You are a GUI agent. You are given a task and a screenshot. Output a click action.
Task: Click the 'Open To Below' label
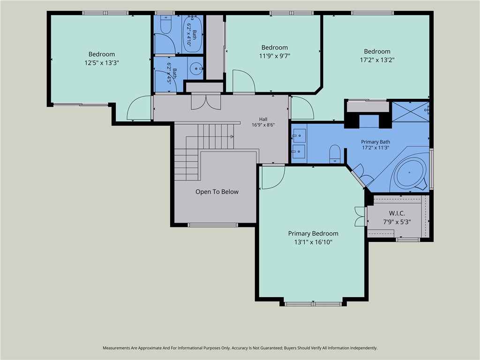coord(217,192)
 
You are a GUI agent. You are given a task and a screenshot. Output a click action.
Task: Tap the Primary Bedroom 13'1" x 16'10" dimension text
coord(313,242)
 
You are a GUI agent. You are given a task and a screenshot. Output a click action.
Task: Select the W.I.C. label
coord(397,213)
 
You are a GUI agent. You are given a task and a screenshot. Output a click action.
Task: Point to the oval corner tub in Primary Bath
coord(410,172)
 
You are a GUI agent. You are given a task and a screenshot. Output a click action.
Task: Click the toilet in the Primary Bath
coord(335,154)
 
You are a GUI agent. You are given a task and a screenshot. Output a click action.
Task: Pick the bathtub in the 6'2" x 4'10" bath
coord(192,34)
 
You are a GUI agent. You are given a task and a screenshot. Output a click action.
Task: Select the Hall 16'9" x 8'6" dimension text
coord(263,125)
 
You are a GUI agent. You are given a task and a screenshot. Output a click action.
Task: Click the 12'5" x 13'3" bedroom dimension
coord(102,63)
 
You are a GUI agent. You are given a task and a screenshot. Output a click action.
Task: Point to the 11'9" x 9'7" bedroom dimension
coord(275,56)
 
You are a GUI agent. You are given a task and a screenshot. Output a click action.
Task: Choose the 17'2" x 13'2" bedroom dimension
coord(377,60)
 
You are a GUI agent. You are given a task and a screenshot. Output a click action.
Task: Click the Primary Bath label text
coord(375,142)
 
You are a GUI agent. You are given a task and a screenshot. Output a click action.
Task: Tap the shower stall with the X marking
coord(411,112)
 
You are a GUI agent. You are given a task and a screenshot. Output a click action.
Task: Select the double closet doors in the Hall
coord(206,102)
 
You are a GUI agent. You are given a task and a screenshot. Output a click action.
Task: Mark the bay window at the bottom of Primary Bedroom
coord(313,304)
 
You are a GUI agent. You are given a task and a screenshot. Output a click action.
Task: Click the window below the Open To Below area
coord(213,225)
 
